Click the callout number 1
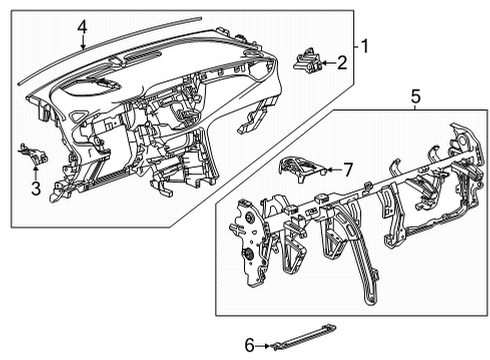365,46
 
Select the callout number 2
342,63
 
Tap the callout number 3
36,189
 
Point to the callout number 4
82,27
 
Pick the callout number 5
416,97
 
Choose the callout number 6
250,345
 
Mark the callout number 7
348,170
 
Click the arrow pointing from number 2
328,63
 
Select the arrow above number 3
35,172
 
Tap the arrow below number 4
83,42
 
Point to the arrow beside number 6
263,346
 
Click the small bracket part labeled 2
308,60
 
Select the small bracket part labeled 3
33,154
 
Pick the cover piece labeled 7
301,167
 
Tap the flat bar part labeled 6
304,337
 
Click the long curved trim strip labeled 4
110,49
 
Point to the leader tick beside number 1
357,47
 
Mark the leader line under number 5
415,107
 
